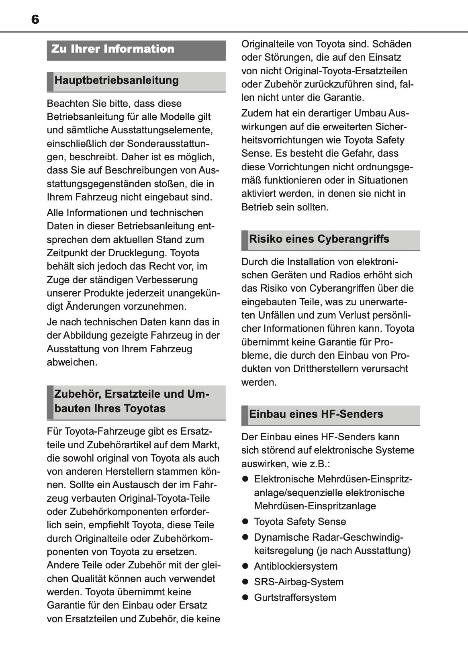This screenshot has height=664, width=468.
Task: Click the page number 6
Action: [35, 20]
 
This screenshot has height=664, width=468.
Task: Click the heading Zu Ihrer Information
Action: [113, 49]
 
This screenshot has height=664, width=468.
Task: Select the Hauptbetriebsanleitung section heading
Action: [116, 80]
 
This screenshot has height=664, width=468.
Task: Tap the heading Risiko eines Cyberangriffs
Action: [319, 239]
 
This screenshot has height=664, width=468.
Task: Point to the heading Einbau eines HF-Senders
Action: [316, 414]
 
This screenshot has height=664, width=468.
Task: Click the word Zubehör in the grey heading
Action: [77, 394]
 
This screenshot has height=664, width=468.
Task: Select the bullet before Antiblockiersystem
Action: [245, 566]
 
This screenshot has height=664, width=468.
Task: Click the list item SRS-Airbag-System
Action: [298, 582]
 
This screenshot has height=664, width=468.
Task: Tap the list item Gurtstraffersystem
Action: [295, 597]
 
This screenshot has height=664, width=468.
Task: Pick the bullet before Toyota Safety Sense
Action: [245, 522]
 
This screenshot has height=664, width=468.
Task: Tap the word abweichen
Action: [72, 362]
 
